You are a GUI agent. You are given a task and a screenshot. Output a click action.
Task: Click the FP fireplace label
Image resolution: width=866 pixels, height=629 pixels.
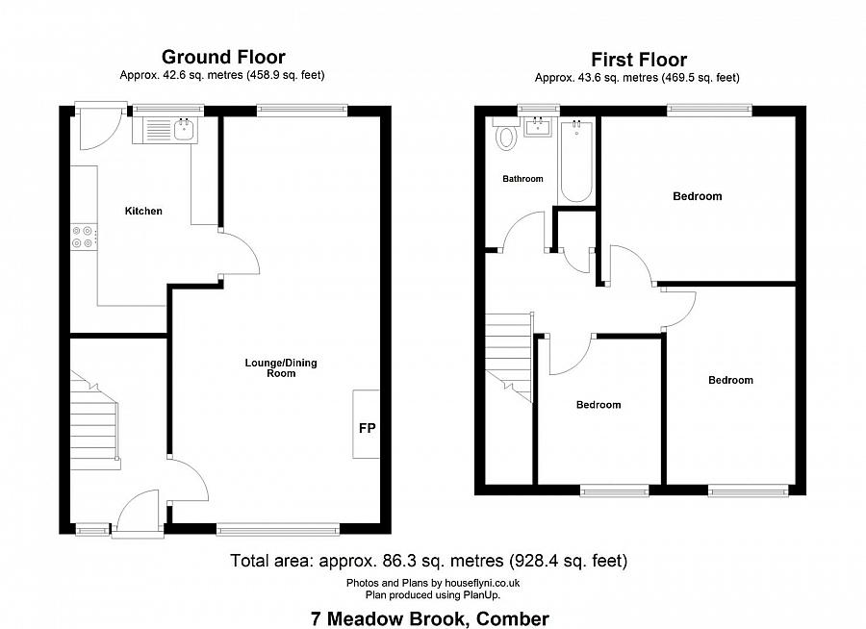pyautogui.click(x=368, y=428)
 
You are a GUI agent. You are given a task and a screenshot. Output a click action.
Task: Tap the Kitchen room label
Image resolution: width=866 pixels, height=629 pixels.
pyautogui.click(x=143, y=211)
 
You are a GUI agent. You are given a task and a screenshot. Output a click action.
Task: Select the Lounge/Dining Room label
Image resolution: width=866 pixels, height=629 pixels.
pyautogui.click(x=281, y=367)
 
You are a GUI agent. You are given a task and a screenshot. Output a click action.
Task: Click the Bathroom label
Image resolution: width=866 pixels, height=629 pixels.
pyautogui.click(x=522, y=179)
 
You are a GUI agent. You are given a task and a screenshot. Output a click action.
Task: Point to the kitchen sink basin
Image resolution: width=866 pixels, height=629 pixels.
pyautogui.click(x=185, y=131)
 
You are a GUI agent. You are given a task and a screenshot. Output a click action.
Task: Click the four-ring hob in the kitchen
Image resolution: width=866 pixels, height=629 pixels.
pyautogui.click(x=83, y=237)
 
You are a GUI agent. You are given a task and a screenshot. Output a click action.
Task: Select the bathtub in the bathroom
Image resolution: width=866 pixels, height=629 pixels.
pyautogui.click(x=576, y=162)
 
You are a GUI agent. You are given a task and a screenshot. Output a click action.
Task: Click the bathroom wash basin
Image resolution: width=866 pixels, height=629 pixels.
pyautogui.click(x=537, y=128)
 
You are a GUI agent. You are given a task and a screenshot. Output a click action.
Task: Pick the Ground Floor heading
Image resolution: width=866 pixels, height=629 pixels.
pyautogui.click(x=223, y=57)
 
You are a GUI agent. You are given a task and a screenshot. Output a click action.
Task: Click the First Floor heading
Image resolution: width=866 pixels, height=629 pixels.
pyautogui.click(x=639, y=59)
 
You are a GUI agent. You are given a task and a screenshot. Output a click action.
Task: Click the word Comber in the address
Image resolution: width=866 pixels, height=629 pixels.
pyautogui.click(x=513, y=618)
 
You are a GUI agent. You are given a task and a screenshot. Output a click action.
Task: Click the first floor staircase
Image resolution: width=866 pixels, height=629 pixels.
pyautogui.click(x=509, y=357)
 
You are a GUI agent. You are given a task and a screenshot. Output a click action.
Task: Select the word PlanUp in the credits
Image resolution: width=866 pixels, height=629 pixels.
pyautogui.click(x=484, y=594)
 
